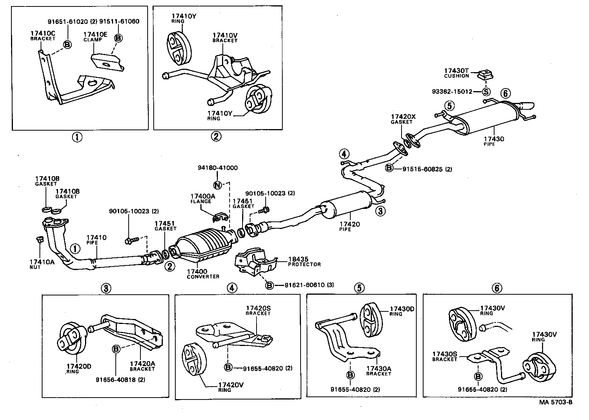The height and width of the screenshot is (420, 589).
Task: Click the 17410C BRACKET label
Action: point(43,36)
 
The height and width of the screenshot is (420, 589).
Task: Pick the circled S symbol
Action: point(486,92)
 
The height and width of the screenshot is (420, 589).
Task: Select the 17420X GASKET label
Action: point(403,119)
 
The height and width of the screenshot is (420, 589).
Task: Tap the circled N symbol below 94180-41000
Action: point(217,185)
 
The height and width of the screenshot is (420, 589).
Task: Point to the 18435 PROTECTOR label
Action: point(304,262)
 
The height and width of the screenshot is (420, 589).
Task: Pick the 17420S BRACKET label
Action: point(258,310)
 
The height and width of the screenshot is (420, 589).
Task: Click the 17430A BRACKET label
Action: point(378,371)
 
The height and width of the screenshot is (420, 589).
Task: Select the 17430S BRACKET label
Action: point(445,356)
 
